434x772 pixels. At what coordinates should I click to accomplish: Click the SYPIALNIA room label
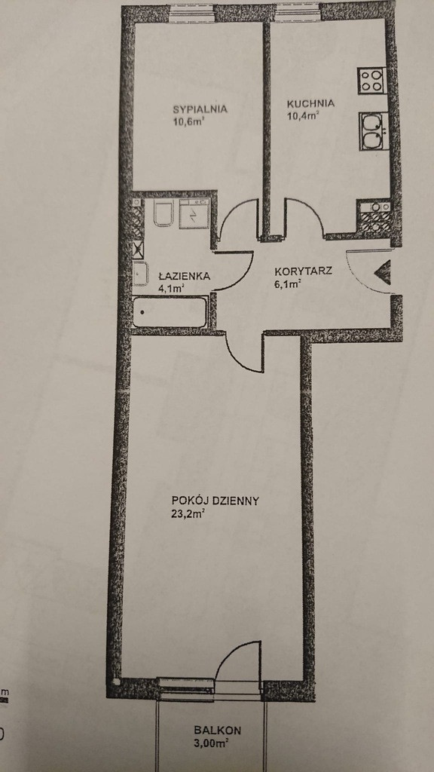pos(200,109)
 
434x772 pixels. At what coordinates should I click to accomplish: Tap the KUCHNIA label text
pos(310,104)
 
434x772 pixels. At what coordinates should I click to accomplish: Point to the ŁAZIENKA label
pos(184,276)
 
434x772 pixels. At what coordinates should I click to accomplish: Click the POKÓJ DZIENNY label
pos(215,501)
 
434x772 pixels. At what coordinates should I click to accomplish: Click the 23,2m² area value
pos(188,515)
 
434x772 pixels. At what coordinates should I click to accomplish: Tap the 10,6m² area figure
pos(188,121)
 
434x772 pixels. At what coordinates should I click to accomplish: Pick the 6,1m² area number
pos(288,283)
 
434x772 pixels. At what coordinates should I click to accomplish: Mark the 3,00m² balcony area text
pos(211,743)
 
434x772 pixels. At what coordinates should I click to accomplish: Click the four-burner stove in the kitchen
pos(371,81)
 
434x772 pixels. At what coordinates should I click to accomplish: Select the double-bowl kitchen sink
pos(374,131)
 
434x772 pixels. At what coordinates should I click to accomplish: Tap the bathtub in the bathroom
pos(170,311)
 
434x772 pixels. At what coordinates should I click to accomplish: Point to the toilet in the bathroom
pos(163,213)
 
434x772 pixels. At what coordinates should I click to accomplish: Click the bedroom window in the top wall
pos(192,14)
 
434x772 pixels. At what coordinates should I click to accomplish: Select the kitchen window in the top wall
pos(297,12)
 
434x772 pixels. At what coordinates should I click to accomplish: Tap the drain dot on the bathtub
pos(142,312)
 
